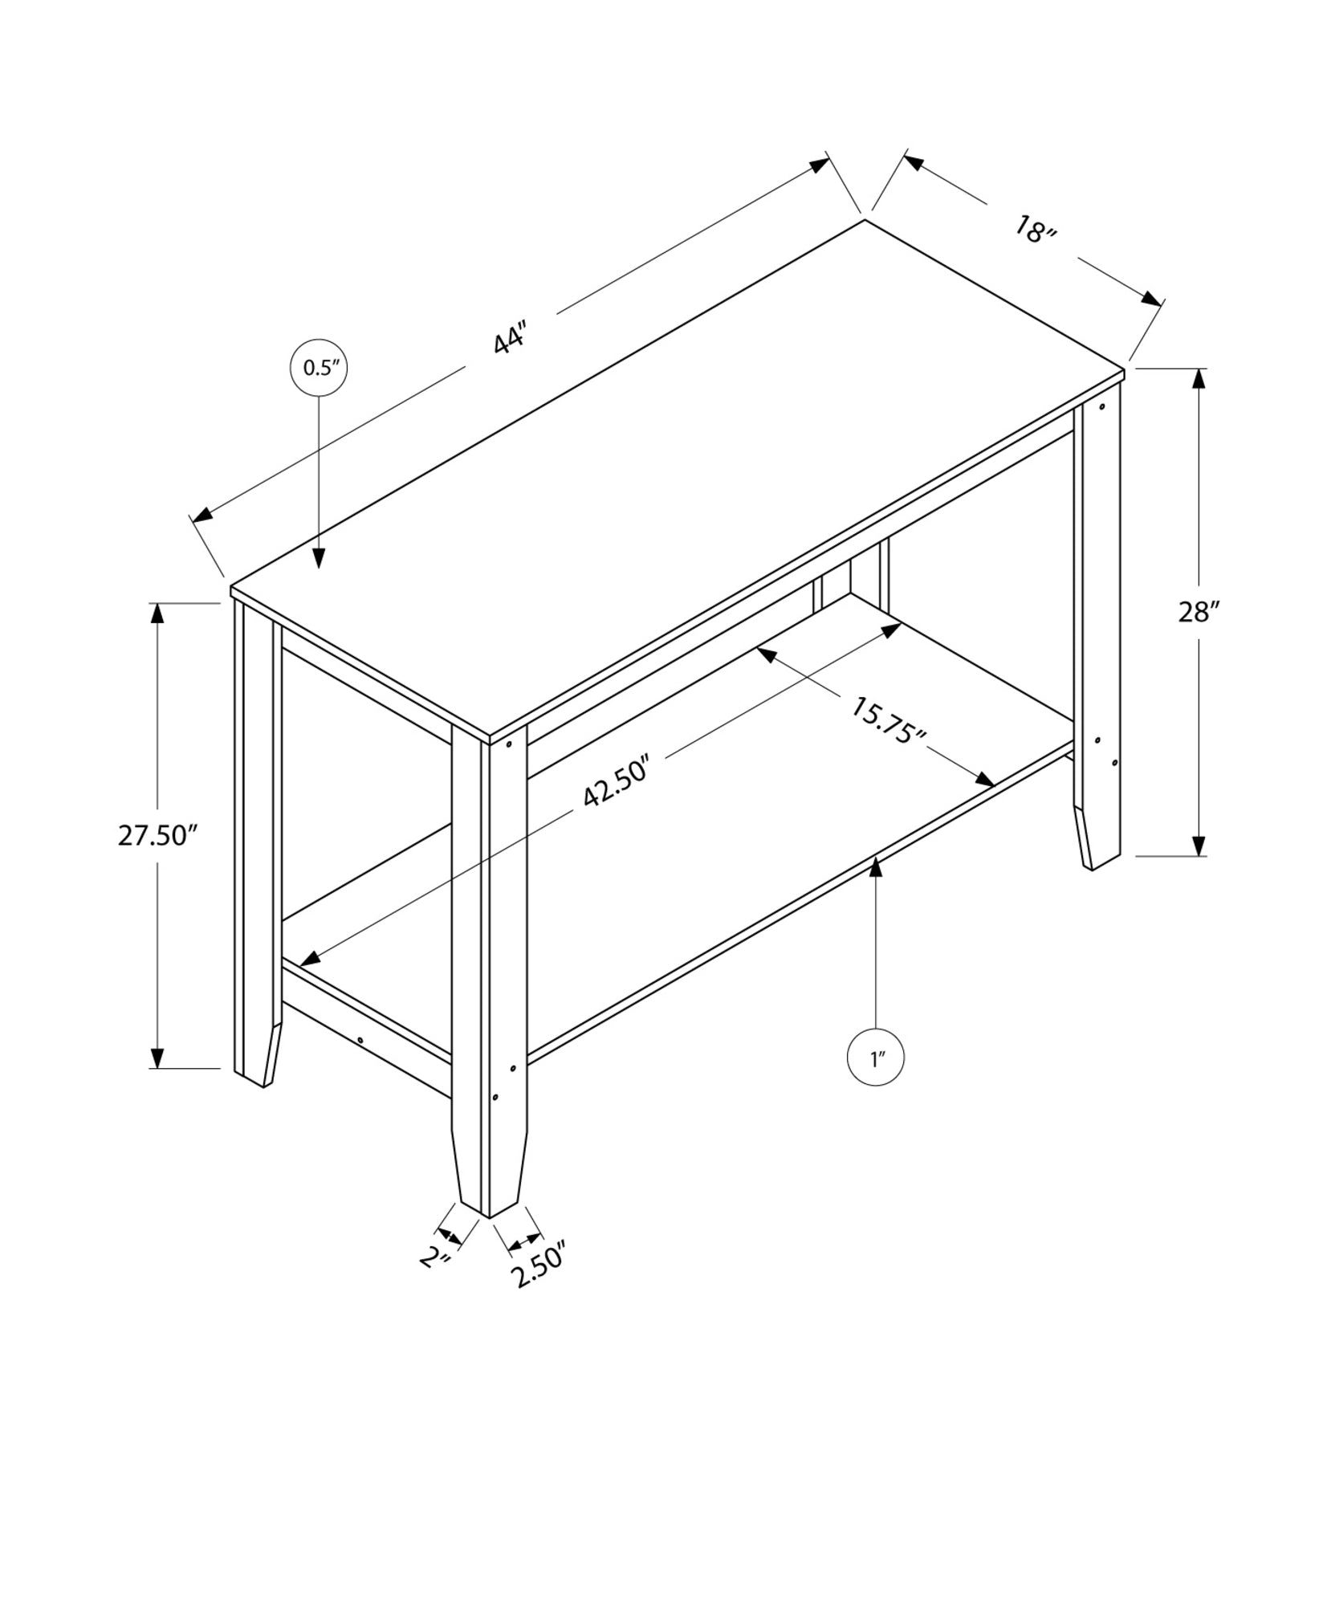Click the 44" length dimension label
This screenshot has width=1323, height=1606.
(x=510, y=337)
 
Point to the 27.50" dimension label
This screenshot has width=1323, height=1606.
(x=157, y=835)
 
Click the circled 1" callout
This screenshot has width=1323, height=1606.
(x=875, y=1058)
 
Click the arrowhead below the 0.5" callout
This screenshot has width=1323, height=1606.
(x=320, y=558)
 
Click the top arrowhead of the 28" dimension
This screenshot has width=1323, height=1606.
(x=1199, y=379)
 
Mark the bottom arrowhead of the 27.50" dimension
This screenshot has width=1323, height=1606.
(x=157, y=1058)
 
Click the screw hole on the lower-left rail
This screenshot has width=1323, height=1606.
(x=360, y=1040)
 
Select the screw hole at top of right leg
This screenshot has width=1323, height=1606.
(x=1101, y=406)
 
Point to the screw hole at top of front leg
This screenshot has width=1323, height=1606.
(x=509, y=744)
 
